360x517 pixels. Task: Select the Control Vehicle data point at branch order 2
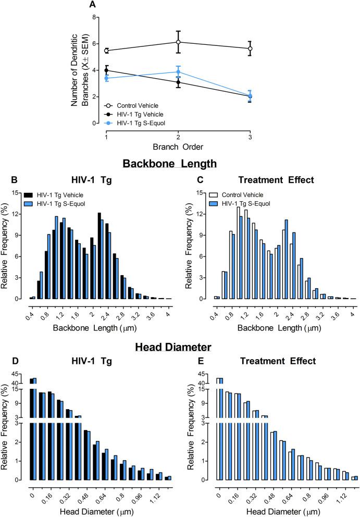[x=178, y=42]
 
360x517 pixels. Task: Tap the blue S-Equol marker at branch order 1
[x=106, y=78]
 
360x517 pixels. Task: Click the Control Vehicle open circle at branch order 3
[x=250, y=48]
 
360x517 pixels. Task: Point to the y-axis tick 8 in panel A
[x=95, y=17]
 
